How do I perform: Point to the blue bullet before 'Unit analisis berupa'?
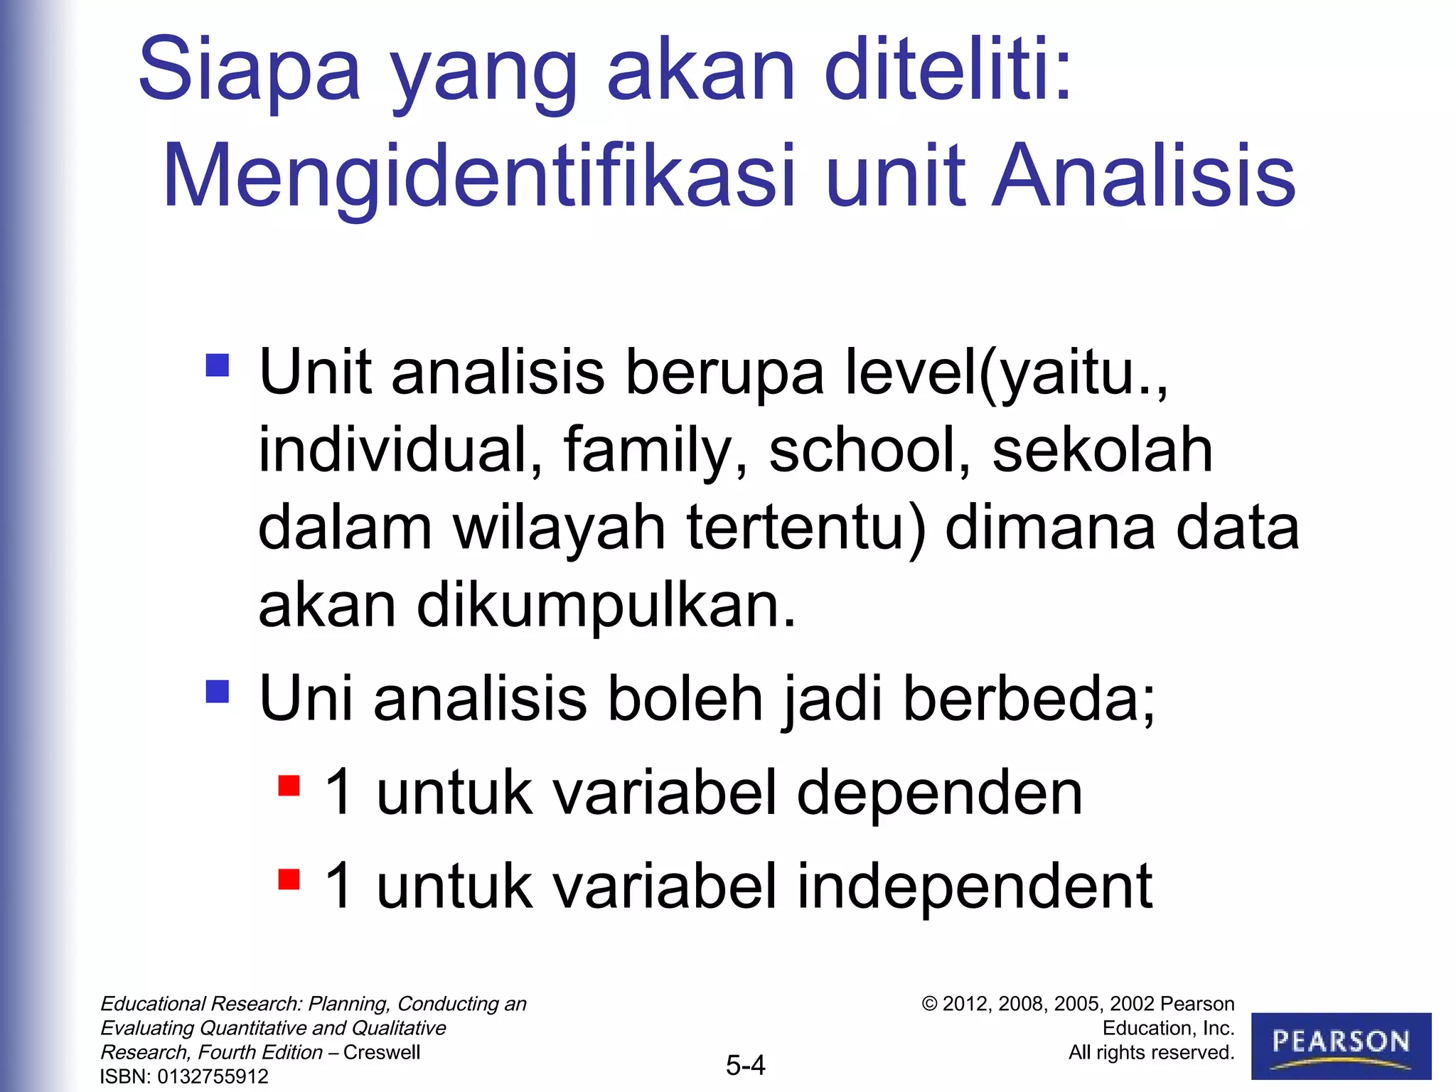218,365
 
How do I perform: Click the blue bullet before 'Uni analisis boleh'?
218,691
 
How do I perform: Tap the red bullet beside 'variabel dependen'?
289,786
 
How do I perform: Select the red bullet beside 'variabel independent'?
289,879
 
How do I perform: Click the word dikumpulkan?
606,606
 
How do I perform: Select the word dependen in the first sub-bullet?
939,793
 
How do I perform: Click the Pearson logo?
1341,1045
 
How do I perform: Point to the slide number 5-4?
745,1065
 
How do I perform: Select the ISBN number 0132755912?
213,1076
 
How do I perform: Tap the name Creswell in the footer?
382,1052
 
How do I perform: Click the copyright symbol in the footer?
929,1004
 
